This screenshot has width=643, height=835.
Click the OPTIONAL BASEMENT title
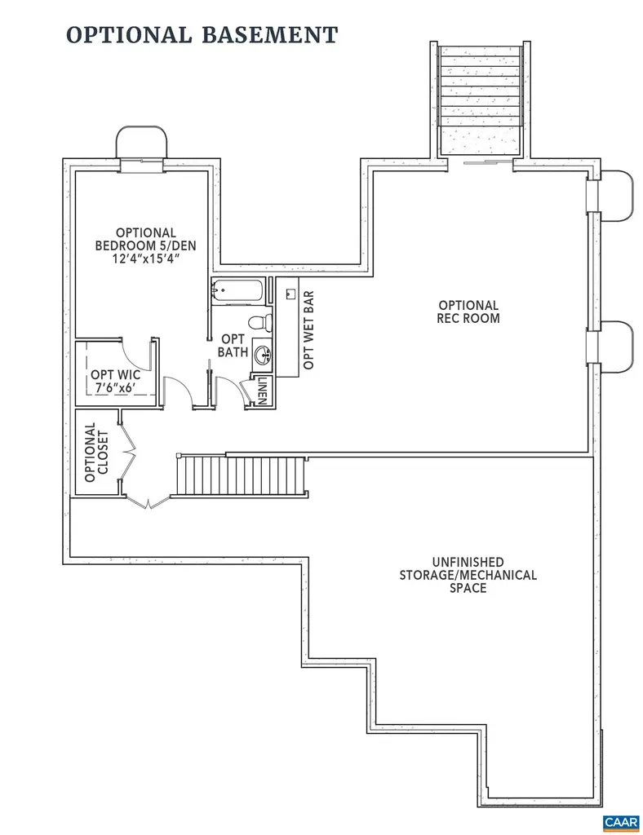[201, 35]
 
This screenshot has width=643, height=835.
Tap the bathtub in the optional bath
[237, 290]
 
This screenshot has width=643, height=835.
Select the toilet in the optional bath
[259, 322]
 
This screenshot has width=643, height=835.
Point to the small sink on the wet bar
[291, 290]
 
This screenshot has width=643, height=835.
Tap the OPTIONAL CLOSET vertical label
[95, 453]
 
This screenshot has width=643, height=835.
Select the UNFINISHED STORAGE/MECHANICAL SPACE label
[468, 574]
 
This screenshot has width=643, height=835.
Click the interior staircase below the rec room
[242, 475]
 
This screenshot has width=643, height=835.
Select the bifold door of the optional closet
[128, 457]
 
